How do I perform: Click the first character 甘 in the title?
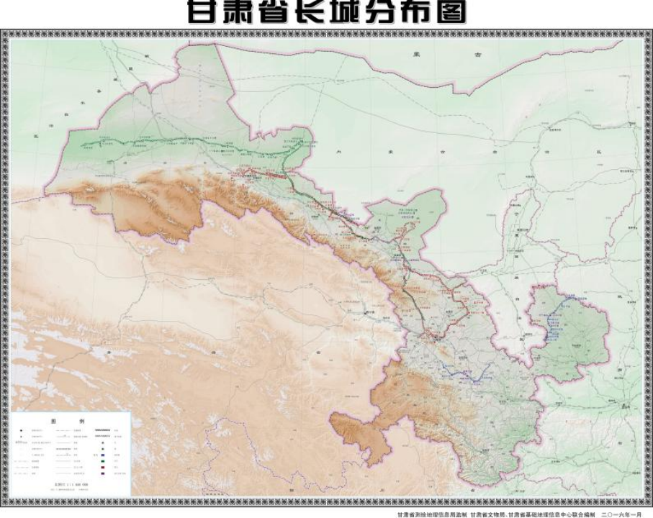click(x=203, y=12)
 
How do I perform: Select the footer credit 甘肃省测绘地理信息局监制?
click(x=426, y=513)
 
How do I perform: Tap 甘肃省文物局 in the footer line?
click(x=490, y=513)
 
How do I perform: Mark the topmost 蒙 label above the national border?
click(x=415, y=54)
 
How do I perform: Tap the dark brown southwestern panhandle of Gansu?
click(x=356, y=432)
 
